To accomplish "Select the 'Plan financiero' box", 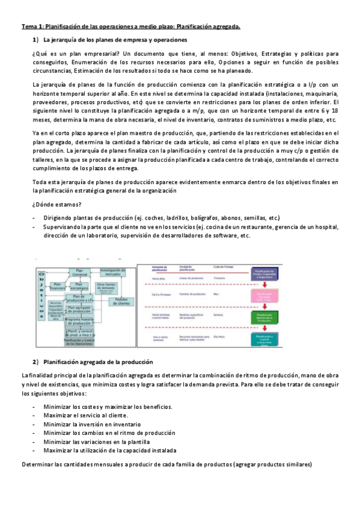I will [58, 286].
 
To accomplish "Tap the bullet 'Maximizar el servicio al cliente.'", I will [85, 416].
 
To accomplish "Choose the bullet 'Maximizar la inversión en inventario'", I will [90, 424].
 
